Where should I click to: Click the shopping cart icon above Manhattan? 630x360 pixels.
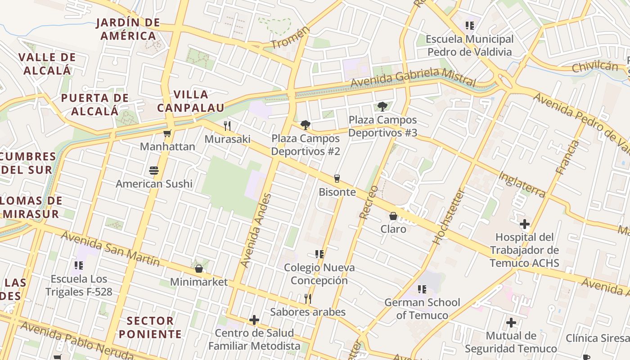(167, 133)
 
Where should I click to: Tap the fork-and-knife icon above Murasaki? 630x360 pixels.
(227, 126)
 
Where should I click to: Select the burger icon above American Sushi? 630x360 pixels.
(154, 171)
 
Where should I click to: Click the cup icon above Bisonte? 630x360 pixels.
(337, 179)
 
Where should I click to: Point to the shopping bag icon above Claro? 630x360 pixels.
(393, 216)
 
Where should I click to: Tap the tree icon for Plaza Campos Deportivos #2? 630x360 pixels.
(306, 125)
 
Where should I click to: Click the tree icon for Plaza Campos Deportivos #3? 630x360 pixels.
(382, 107)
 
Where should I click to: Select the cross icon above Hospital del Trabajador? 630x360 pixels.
(524, 224)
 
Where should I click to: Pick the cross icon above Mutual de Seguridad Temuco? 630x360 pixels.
(511, 323)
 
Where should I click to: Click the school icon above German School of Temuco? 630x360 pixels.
(422, 289)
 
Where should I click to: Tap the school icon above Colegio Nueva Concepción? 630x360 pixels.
(319, 254)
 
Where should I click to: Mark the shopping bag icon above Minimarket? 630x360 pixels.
(199, 269)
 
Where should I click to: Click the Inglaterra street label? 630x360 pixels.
(522, 184)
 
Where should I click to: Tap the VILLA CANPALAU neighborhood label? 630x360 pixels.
(190, 101)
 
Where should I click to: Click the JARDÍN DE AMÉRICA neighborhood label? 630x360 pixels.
(128, 29)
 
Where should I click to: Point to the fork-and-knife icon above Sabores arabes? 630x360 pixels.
(308, 298)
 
